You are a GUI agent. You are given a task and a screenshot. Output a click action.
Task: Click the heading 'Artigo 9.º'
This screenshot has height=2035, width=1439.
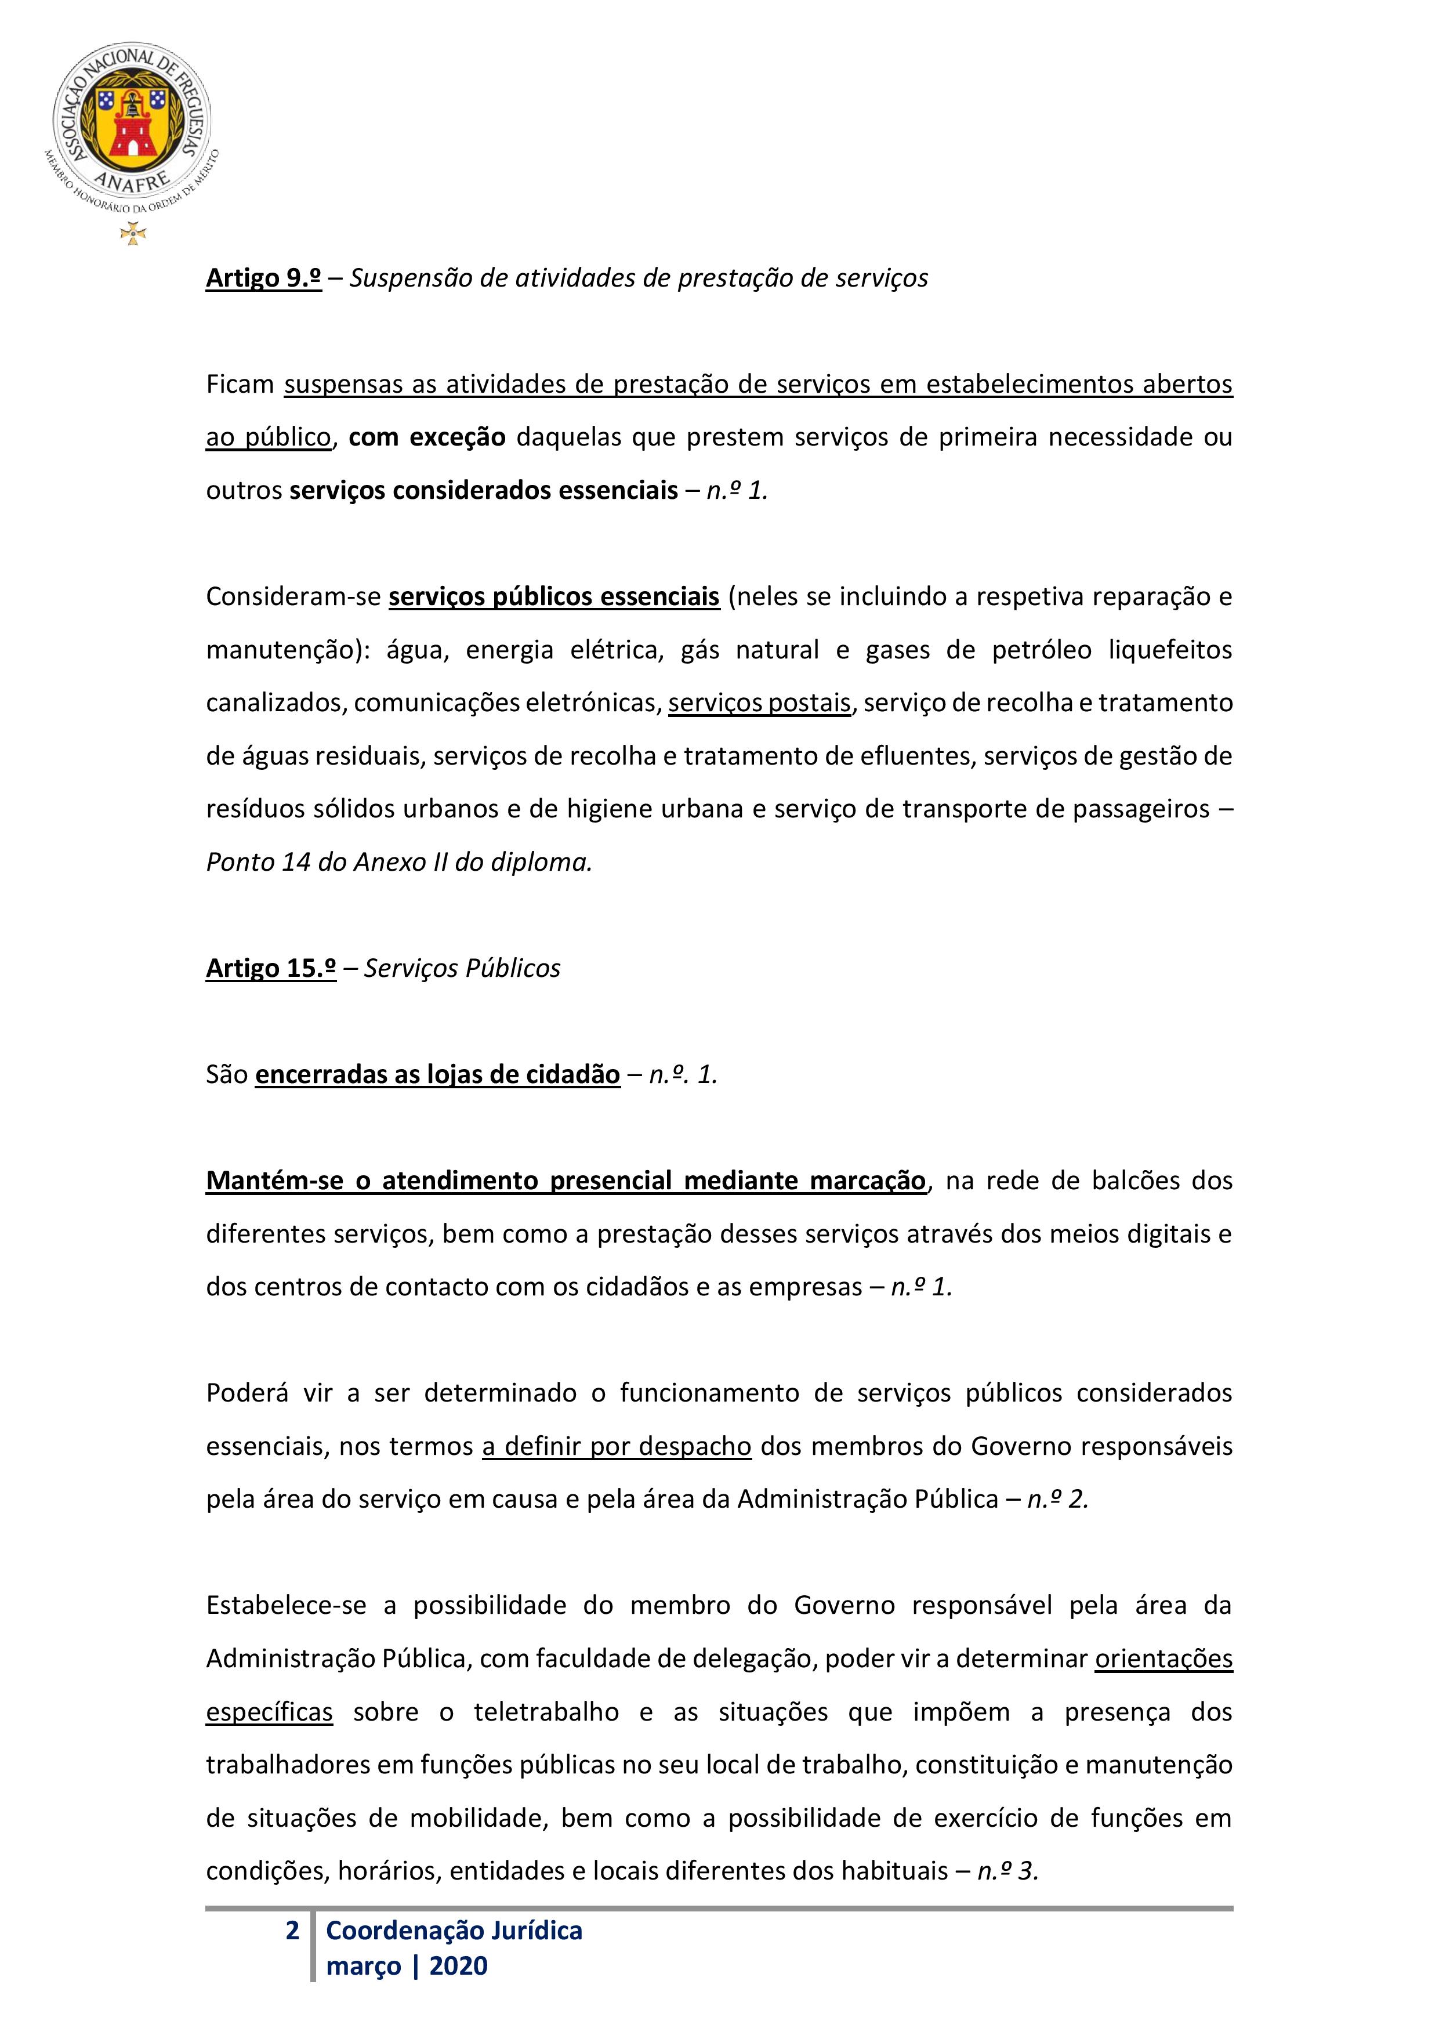pos(263,278)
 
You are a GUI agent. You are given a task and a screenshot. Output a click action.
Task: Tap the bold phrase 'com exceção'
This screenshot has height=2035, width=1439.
pos(426,437)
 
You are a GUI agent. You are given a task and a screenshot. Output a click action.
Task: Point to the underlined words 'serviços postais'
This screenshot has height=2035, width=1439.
pos(759,703)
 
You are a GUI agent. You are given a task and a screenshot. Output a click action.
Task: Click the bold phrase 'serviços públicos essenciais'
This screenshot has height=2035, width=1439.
pos(554,596)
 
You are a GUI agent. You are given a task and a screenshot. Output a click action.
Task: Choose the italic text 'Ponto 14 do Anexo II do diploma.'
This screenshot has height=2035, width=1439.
pos(398,863)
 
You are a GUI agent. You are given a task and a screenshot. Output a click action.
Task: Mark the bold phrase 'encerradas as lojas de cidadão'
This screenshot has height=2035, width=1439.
pos(438,1074)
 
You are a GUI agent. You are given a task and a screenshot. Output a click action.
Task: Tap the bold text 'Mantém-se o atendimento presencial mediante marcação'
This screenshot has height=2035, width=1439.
pos(566,1181)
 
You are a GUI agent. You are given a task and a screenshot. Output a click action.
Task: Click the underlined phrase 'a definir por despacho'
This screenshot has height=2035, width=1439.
pos(617,1446)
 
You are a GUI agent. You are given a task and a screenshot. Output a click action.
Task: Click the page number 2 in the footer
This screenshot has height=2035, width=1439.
pos(292,1931)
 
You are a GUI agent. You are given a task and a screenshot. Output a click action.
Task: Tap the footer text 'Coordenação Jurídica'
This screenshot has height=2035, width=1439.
pos(454,1931)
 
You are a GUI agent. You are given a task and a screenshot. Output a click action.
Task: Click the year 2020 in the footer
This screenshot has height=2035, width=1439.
pos(458,1966)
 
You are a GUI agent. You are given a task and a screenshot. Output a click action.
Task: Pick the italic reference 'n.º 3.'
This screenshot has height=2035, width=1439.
pos(1007,1871)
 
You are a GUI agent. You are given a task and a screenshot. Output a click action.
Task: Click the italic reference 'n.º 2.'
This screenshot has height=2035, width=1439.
pos(1058,1500)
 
